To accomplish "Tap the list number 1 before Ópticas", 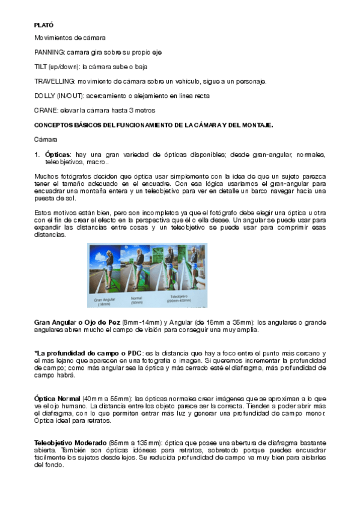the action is pos(37,155).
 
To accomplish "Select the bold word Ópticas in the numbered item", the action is pos(58,155).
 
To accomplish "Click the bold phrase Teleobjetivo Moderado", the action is pos(70,442).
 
